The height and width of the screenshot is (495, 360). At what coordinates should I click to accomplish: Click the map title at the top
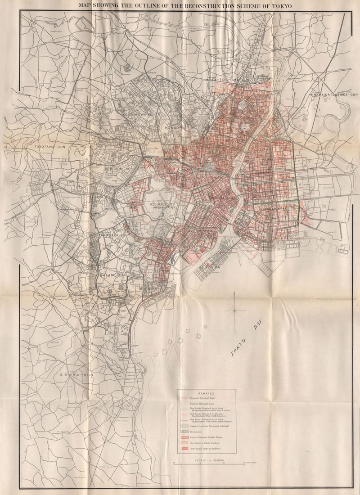tap(185, 6)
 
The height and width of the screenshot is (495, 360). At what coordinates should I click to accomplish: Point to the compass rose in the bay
tap(234, 310)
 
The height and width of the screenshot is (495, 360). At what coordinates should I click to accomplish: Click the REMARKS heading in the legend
tap(206, 393)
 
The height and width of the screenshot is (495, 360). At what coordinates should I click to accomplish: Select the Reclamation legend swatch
tap(184, 431)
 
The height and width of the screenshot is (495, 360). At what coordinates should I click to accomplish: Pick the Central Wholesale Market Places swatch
tap(184, 437)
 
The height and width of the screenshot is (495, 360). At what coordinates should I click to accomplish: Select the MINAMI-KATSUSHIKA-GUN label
tap(333, 95)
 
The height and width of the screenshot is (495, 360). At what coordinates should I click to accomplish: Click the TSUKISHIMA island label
tap(209, 266)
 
